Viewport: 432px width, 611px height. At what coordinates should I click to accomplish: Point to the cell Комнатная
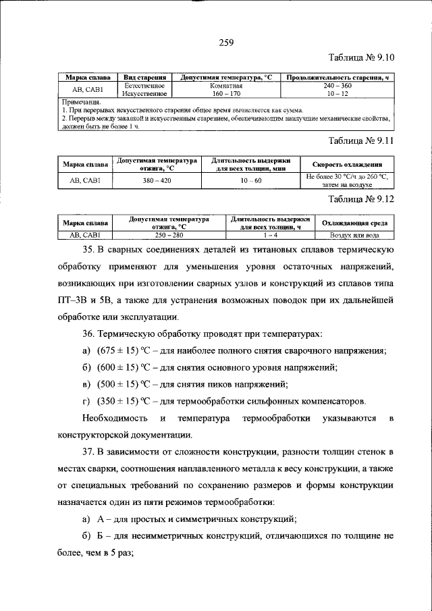225,86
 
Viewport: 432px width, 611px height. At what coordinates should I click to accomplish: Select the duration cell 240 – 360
337,86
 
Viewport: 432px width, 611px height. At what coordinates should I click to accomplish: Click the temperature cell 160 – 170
225,94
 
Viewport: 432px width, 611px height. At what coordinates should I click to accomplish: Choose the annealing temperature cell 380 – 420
157,181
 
